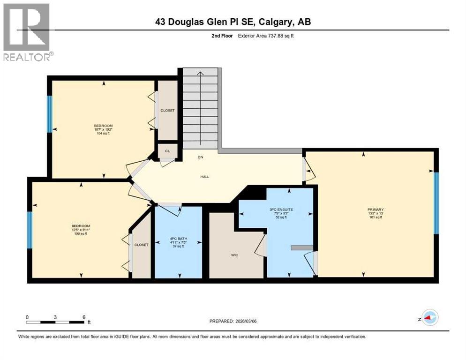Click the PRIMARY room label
(x=376, y=210)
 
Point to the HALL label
(x=204, y=177)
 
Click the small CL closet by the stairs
(x=167, y=151)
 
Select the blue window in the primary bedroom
(x=436, y=203)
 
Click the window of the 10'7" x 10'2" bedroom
(x=49, y=114)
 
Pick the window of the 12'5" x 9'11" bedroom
(x=30, y=230)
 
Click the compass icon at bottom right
(x=429, y=317)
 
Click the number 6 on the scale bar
(x=84, y=317)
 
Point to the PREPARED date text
(x=233, y=321)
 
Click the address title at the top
(x=233, y=22)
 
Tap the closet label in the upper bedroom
(x=167, y=111)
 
